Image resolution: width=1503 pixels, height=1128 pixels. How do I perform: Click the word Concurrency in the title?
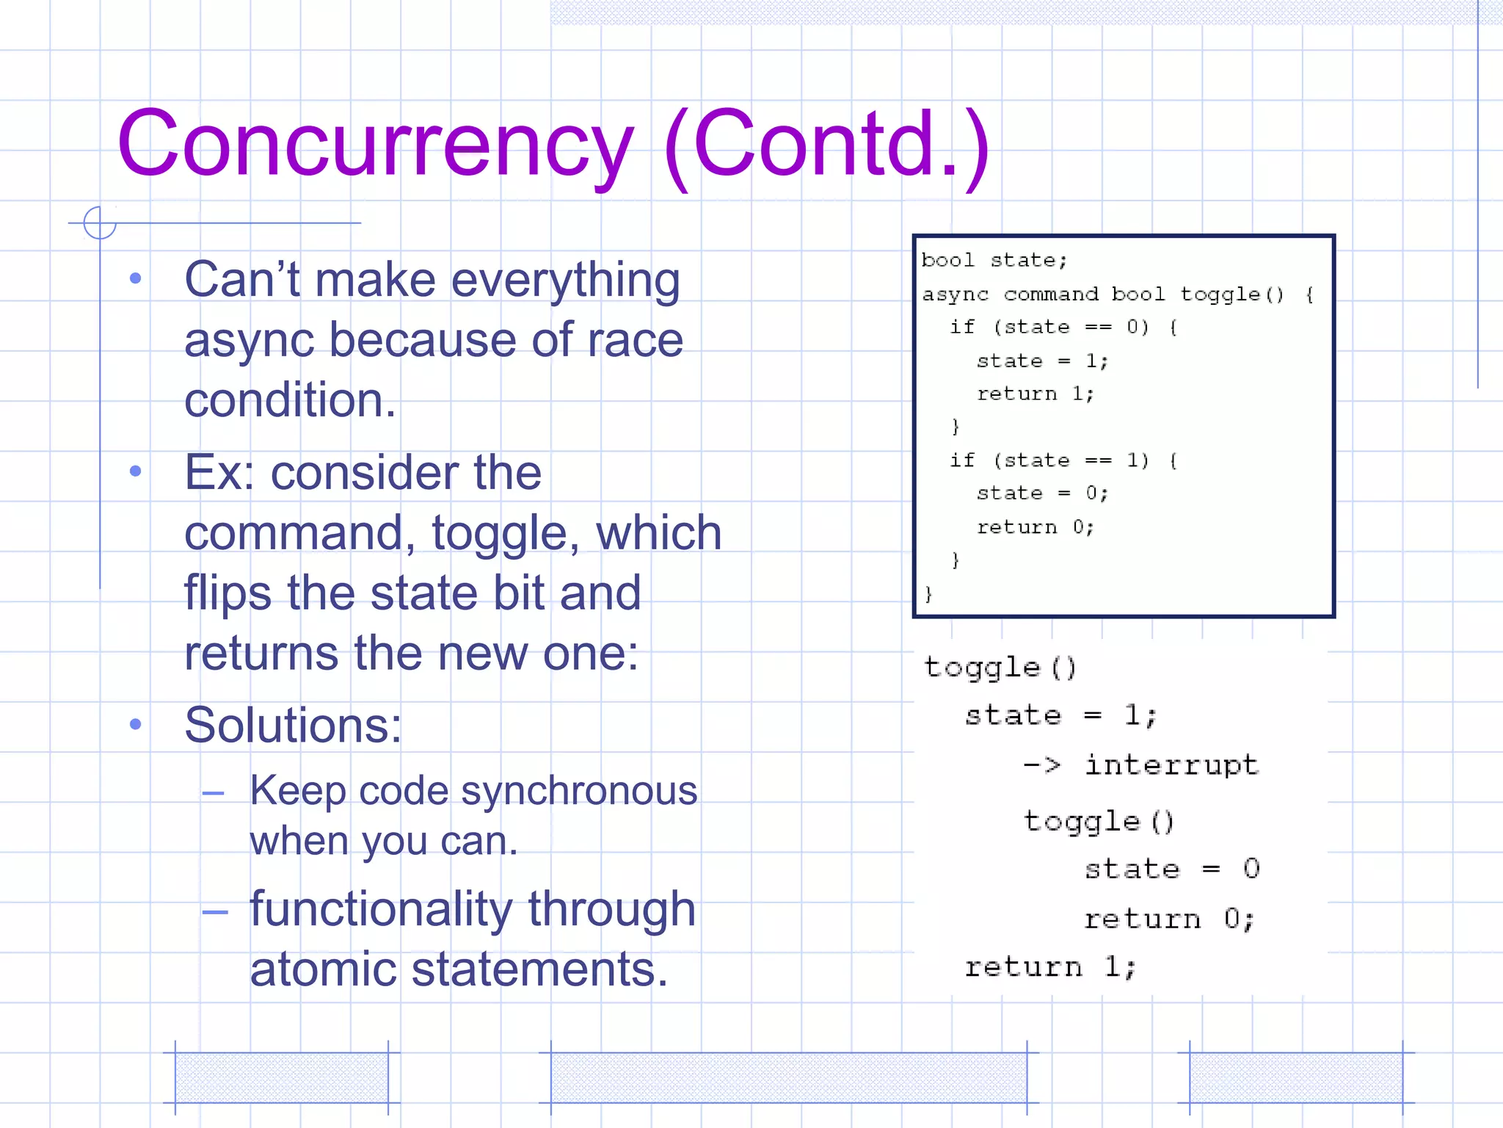pos(374,144)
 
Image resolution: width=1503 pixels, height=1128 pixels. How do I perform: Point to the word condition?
pos(290,400)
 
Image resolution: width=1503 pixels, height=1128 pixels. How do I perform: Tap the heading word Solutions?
pos(293,726)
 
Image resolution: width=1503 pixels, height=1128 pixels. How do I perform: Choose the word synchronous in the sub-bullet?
pos(579,792)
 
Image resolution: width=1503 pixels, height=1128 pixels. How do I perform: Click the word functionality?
pos(380,909)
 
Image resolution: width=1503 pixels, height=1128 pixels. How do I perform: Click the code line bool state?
pos(994,261)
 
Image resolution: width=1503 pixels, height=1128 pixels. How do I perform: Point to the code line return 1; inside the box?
pos(1035,394)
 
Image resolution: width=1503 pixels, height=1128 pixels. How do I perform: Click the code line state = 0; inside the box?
pos(1042,493)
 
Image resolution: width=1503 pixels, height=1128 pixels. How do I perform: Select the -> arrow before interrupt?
pos(1042,765)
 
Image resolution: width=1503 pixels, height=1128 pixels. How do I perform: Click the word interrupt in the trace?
pos(1172,765)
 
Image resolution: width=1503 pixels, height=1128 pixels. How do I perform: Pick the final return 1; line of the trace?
pos(1050,967)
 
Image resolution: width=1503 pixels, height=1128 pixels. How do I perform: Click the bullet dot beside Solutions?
pos(135,725)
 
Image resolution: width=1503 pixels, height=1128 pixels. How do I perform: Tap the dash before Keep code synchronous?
pos(214,793)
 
